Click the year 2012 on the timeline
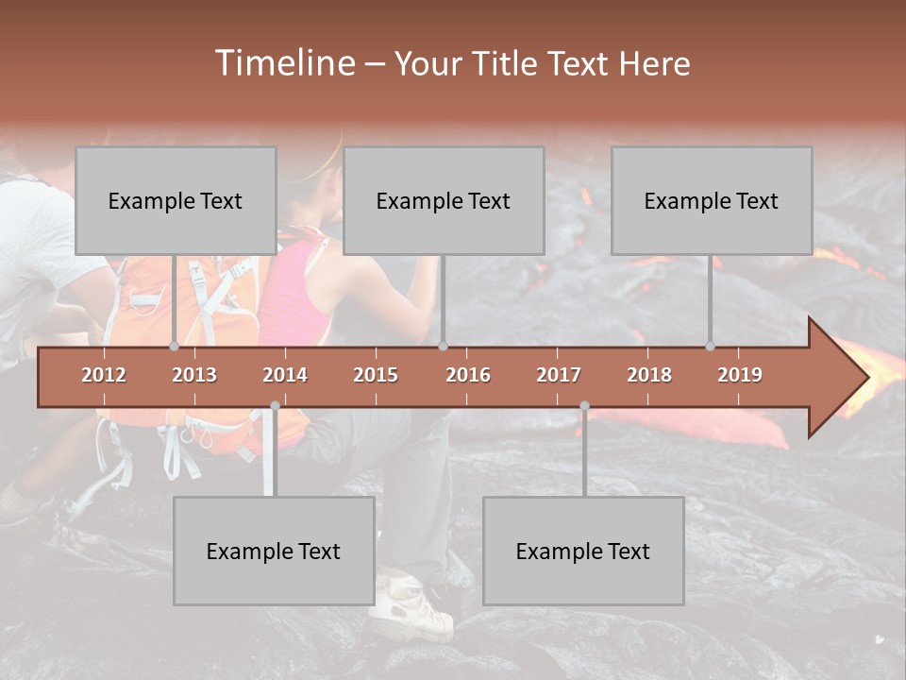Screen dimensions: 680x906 click(x=104, y=375)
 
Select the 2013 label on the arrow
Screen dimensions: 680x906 click(x=194, y=375)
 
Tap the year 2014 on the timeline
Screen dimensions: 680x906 click(x=285, y=375)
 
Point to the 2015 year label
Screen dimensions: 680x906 click(x=376, y=375)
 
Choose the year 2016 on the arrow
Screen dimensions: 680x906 click(x=468, y=375)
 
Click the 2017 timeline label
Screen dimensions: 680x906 click(x=559, y=375)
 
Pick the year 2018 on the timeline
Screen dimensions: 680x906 click(x=649, y=375)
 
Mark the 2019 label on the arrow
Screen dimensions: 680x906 click(x=740, y=375)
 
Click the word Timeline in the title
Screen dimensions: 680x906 click(x=283, y=63)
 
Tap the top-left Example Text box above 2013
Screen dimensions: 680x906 click(x=176, y=200)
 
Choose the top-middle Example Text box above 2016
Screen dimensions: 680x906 click(x=444, y=200)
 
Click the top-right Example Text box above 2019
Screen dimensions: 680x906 click(x=712, y=200)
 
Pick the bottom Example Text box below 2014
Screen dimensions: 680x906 click(x=274, y=551)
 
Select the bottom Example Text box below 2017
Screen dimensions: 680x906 click(x=583, y=551)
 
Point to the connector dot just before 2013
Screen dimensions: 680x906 click(x=174, y=347)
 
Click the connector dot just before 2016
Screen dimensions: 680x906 click(x=443, y=347)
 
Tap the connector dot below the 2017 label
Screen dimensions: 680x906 click(x=584, y=405)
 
